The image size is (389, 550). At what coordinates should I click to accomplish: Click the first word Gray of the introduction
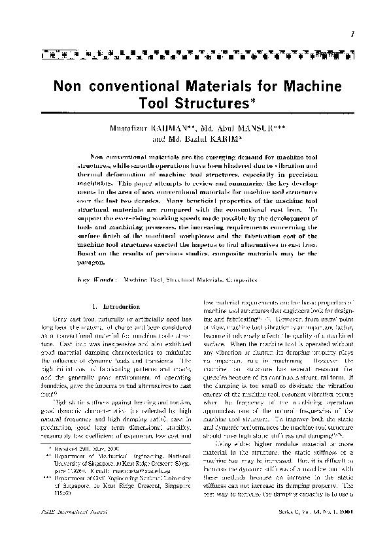pyautogui.click(x=63, y=317)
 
